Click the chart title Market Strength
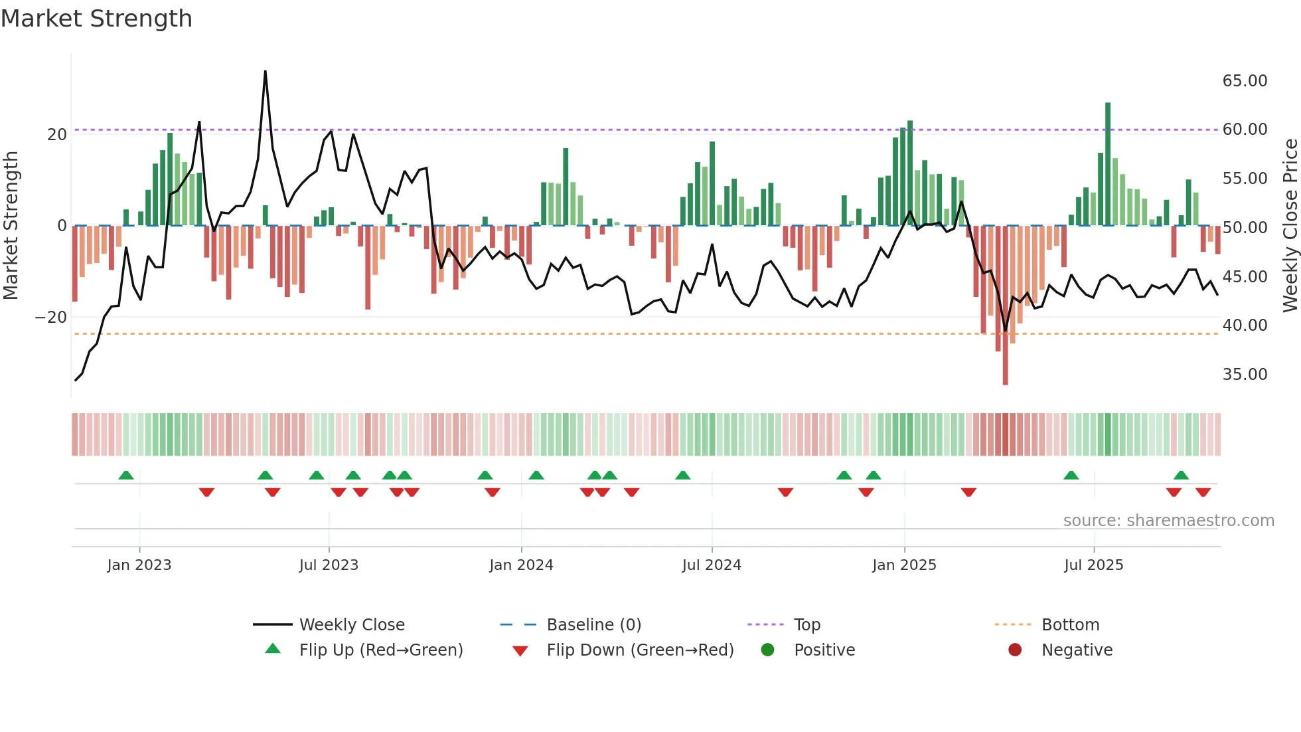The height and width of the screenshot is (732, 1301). point(96,19)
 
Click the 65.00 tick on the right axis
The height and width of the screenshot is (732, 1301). point(1245,81)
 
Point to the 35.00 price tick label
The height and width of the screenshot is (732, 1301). point(1245,375)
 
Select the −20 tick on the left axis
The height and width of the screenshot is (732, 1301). point(50,318)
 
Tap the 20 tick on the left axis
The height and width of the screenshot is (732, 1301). point(57,135)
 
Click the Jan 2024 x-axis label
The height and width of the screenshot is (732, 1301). point(521,565)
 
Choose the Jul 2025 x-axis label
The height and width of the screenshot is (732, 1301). point(1093,565)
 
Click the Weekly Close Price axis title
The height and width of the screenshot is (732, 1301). point(1290,226)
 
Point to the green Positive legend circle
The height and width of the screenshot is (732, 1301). point(768,650)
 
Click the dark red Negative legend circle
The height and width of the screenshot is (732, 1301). point(1015,650)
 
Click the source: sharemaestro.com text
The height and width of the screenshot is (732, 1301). point(1168,521)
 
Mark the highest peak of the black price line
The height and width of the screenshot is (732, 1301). point(266,72)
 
